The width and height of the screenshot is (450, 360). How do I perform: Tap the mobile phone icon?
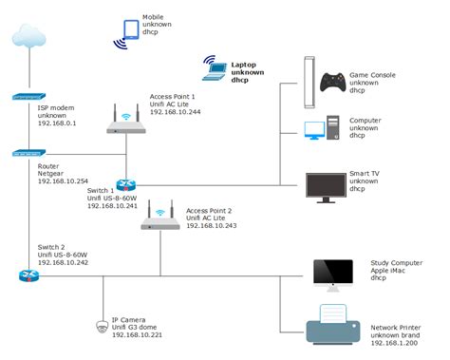(126, 33)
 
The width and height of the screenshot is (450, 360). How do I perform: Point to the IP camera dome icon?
(103, 326)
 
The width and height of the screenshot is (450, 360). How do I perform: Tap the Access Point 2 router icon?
(160, 219)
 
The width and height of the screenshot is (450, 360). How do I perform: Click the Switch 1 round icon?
(125, 186)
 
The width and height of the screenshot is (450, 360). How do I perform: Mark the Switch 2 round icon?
(26, 275)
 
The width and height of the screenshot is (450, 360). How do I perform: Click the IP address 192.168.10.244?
(175, 112)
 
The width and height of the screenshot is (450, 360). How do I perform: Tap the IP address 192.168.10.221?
(138, 334)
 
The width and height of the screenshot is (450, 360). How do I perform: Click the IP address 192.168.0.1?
(58, 123)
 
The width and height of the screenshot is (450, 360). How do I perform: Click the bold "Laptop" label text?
(244, 65)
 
